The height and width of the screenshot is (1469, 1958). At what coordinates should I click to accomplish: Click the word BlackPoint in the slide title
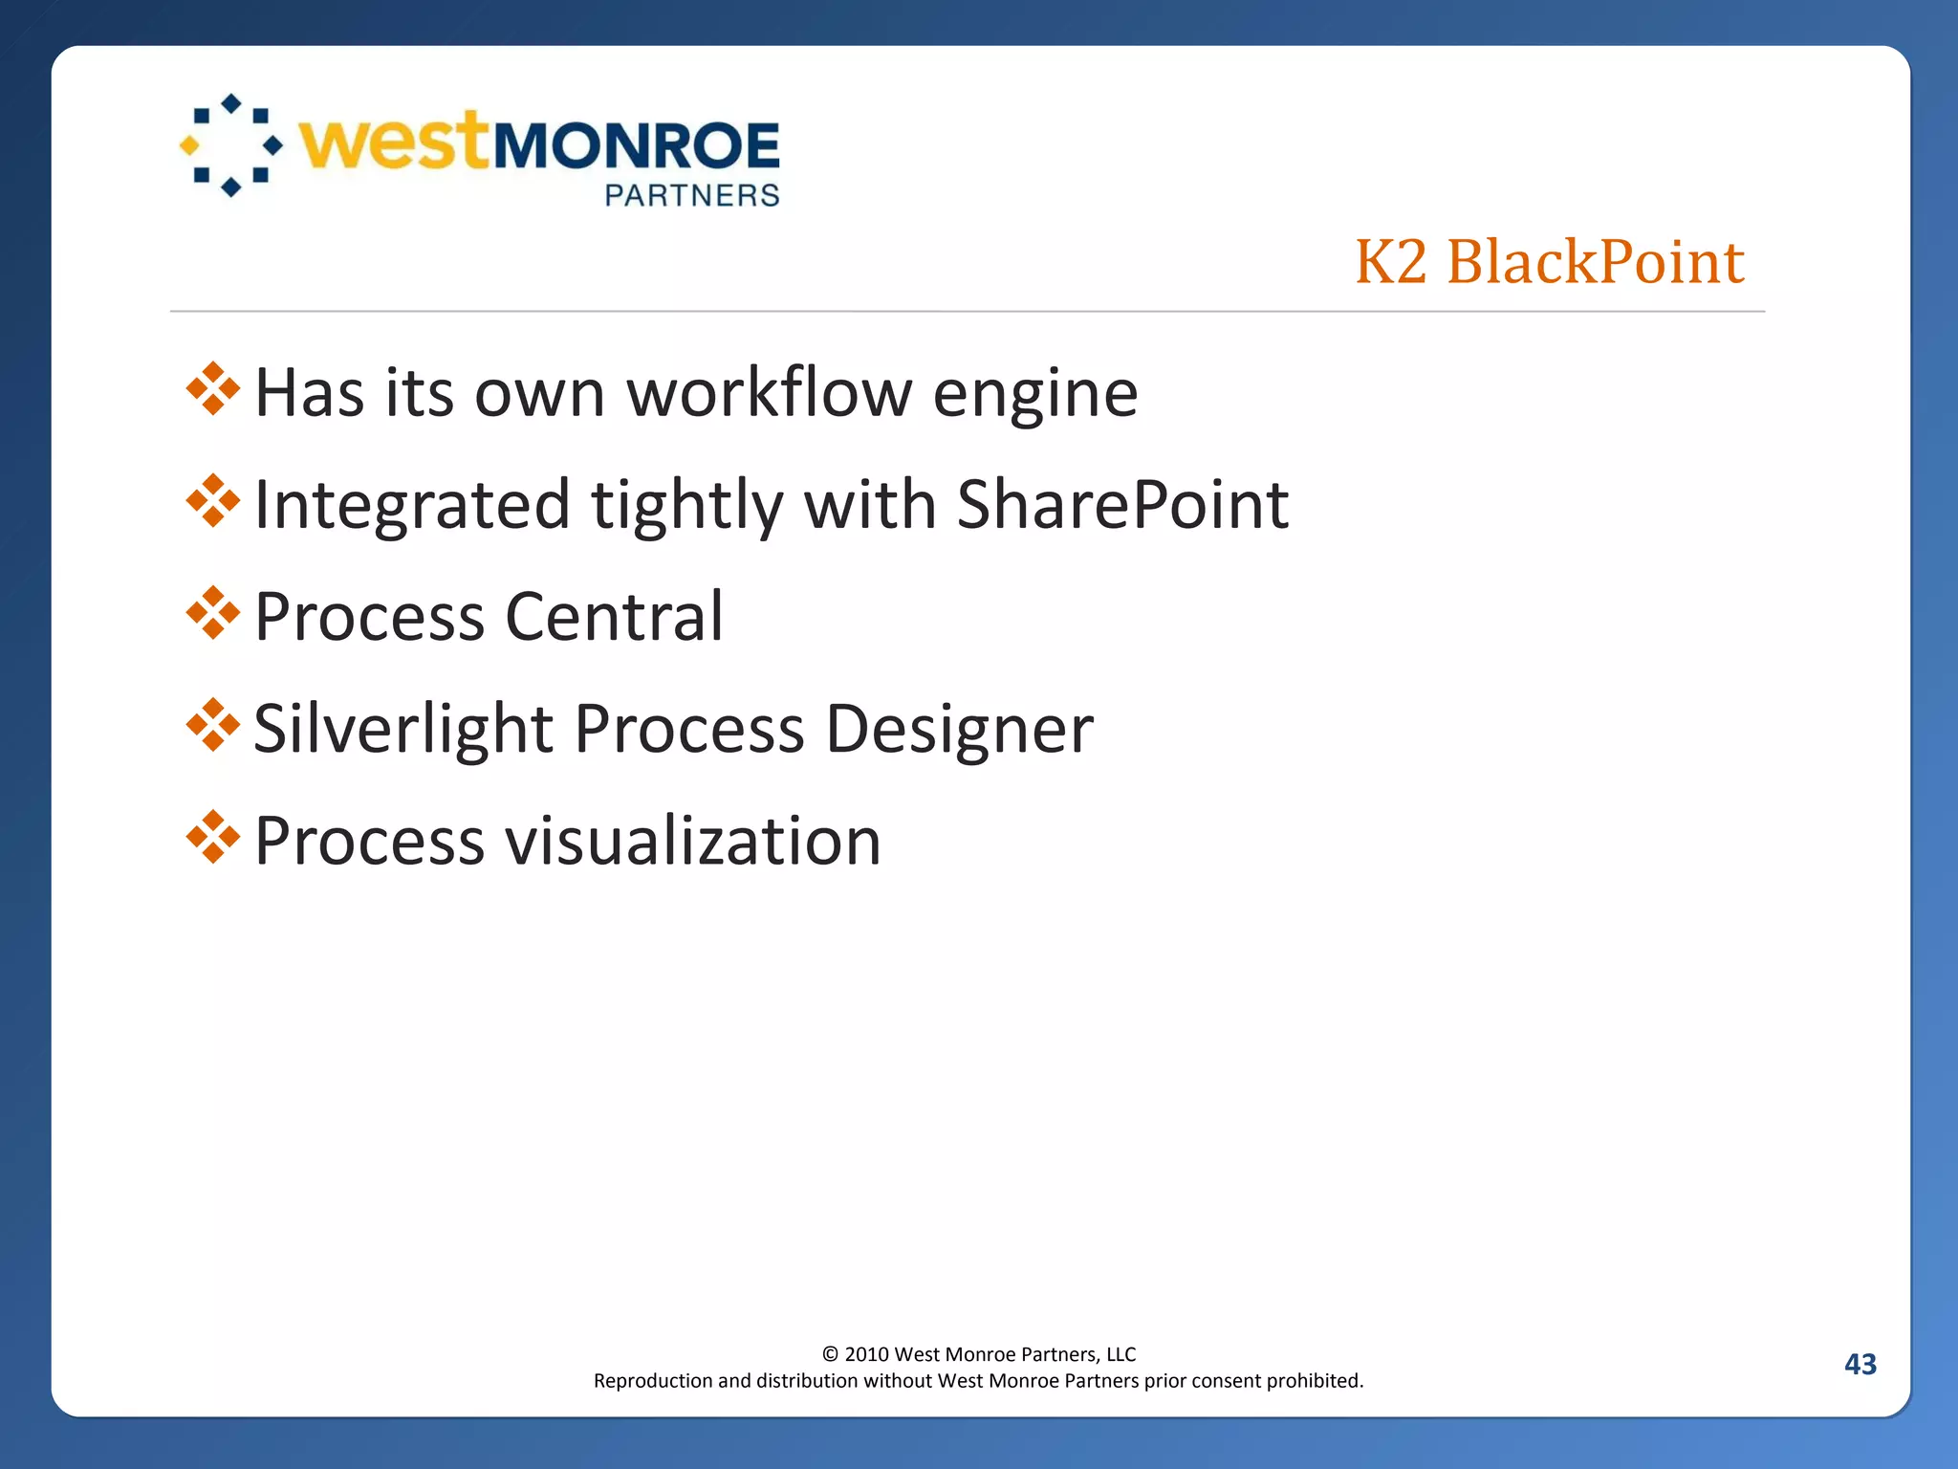point(1595,261)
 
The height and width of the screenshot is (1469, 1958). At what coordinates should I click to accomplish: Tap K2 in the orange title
point(1391,261)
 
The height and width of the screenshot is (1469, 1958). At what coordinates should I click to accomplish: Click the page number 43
point(1860,1364)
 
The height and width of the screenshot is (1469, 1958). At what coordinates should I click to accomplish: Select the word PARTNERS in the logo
point(692,196)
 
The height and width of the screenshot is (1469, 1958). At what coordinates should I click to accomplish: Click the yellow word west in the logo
point(395,143)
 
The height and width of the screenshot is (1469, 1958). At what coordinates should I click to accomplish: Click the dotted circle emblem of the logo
point(231,145)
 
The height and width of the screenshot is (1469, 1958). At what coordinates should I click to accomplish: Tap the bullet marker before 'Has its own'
point(213,389)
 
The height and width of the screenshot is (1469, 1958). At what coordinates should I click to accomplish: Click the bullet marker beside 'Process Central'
point(213,613)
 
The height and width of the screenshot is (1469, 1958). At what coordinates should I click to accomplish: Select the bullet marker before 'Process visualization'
point(213,837)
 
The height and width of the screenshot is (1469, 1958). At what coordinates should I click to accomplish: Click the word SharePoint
point(1122,505)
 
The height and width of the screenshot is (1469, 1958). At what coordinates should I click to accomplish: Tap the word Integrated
point(412,507)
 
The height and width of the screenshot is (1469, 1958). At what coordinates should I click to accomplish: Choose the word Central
point(614,617)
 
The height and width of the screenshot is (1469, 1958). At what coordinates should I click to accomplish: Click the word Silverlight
point(403,730)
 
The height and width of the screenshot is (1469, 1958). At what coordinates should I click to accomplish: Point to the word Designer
point(959,730)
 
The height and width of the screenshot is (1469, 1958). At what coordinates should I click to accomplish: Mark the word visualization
point(692,842)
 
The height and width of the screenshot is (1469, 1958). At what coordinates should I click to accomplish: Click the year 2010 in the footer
point(866,1354)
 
